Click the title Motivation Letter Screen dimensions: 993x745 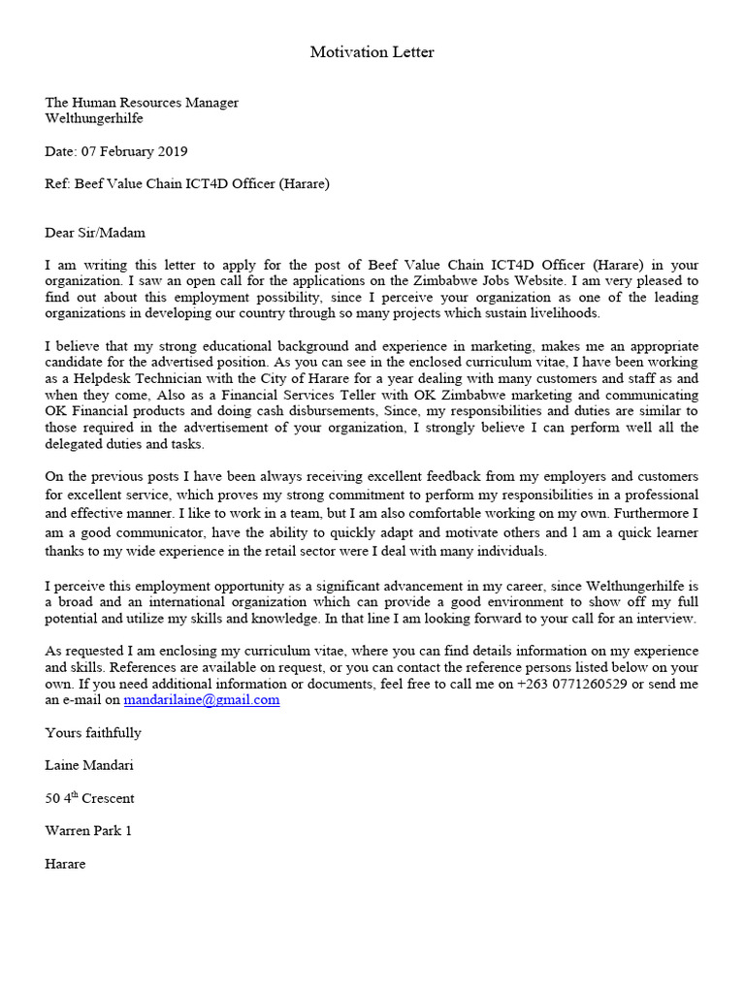click(372, 52)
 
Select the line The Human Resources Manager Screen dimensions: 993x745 click(142, 103)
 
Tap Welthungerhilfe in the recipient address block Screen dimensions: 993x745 click(94, 118)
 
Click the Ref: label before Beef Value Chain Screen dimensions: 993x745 click(57, 183)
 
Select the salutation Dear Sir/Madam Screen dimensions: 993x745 click(95, 232)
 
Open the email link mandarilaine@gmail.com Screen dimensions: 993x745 click(202, 699)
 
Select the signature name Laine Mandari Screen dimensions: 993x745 click(89, 765)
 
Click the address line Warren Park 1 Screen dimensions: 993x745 click(88, 831)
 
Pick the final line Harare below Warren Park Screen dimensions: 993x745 click(65, 864)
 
